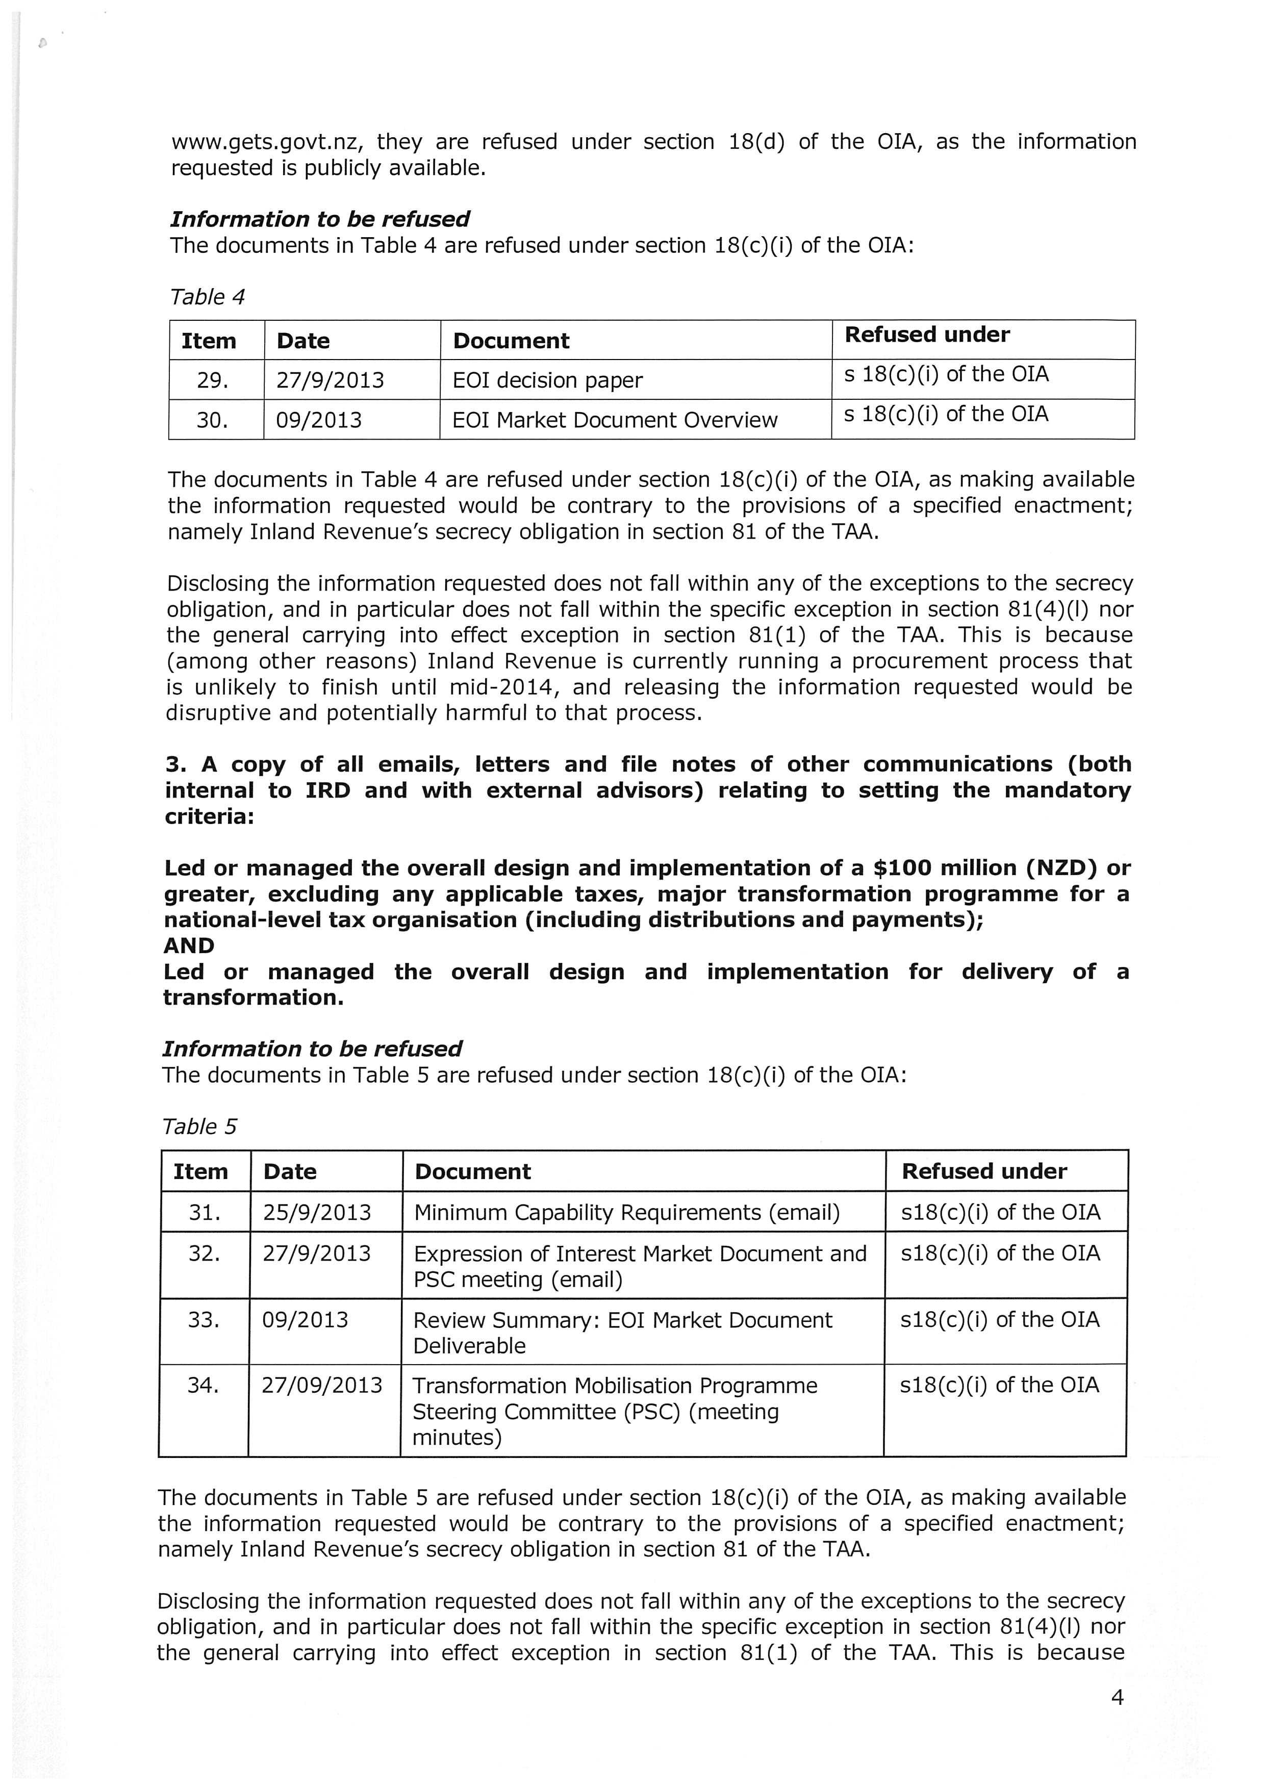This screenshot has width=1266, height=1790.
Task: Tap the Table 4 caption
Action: (x=208, y=297)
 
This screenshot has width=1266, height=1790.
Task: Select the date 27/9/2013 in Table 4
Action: (x=330, y=380)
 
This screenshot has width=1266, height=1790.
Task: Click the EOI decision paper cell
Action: (x=547, y=380)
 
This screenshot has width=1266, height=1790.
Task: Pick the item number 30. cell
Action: (x=212, y=420)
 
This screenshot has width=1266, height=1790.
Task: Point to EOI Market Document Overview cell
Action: (x=614, y=420)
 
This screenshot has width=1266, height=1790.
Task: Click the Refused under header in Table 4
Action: (x=927, y=335)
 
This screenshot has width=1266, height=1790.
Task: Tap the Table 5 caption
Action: (x=199, y=1127)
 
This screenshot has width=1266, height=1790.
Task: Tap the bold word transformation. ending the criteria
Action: (x=254, y=998)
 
